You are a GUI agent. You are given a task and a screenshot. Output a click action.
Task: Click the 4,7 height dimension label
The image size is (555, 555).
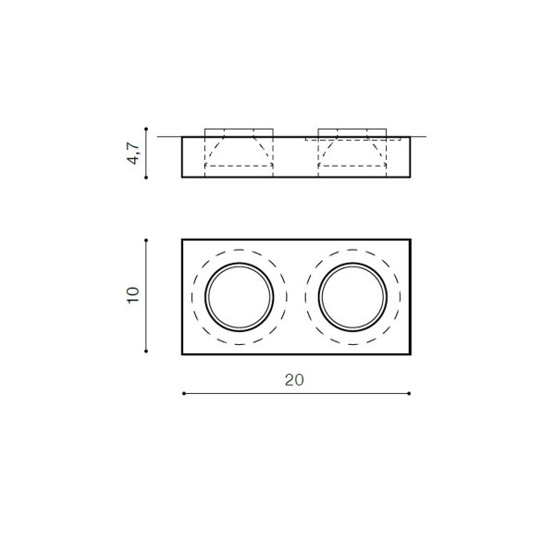[x=133, y=154]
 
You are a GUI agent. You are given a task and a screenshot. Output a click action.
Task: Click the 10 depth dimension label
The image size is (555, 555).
[x=133, y=295]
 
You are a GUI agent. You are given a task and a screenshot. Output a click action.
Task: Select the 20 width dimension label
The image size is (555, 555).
[x=294, y=380]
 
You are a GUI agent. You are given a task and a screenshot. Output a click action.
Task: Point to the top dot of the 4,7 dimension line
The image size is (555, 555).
[x=146, y=129]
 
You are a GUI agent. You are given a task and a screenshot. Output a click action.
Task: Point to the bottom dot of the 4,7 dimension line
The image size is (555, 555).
[x=146, y=178]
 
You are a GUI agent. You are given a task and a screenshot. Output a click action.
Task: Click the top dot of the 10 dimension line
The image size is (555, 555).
[x=146, y=240]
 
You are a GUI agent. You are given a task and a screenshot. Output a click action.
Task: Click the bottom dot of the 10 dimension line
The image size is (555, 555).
[x=146, y=351]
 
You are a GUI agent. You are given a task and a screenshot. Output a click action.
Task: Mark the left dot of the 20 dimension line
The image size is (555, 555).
[x=184, y=393]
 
